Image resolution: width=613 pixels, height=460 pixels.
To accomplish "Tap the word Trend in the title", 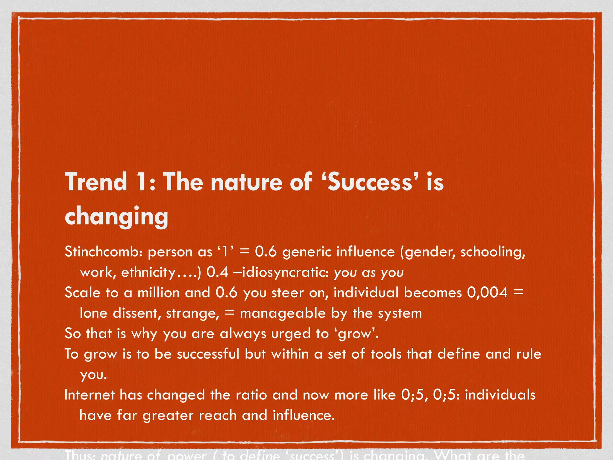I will tap(96, 182).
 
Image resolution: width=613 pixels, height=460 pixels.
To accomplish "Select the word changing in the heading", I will tap(116, 216).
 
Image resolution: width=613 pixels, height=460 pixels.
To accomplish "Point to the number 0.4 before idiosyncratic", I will tap(217, 272).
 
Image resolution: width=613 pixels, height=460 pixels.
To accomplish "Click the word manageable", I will tap(283, 313).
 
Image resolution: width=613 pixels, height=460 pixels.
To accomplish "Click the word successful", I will tap(208, 354).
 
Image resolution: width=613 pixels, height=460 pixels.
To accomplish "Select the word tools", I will tap(386, 354).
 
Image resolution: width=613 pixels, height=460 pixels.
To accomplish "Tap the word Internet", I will tap(89, 395).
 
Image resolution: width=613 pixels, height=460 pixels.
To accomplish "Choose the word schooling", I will tap(492, 252).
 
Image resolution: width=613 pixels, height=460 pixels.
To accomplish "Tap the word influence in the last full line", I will tap(303, 415).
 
